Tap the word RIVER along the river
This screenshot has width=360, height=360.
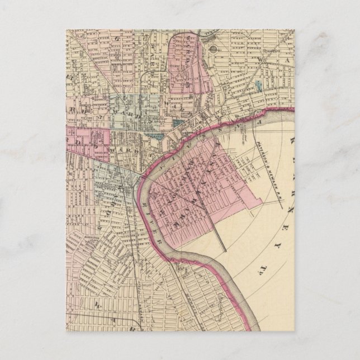pyautogui.click(x=157, y=230)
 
